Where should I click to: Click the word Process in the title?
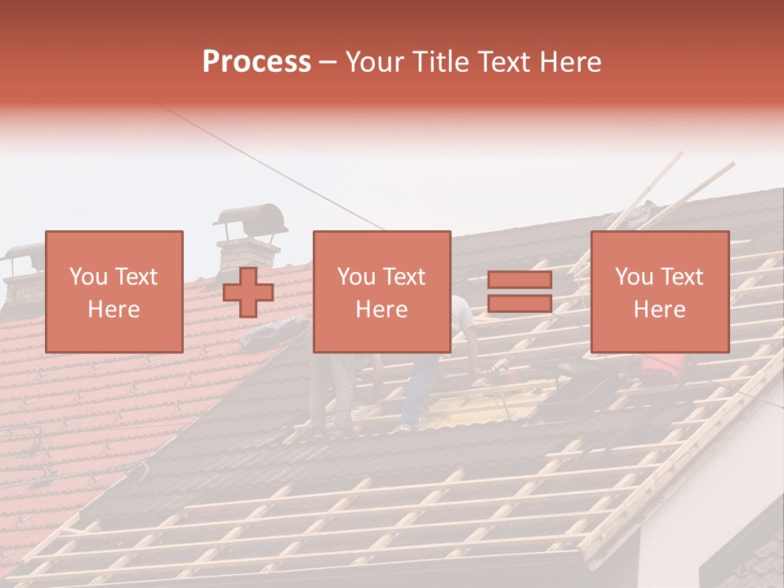(256, 62)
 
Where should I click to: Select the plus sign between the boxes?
(248, 292)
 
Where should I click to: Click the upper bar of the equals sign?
(519, 279)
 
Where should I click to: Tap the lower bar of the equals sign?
(519, 304)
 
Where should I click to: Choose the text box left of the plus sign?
(114, 292)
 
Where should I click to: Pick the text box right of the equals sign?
(659, 292)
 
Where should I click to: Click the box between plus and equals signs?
(381, 292)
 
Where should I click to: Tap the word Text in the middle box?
(405, 277)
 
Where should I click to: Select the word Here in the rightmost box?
(659, 310)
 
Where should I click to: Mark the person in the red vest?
(657, 367)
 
